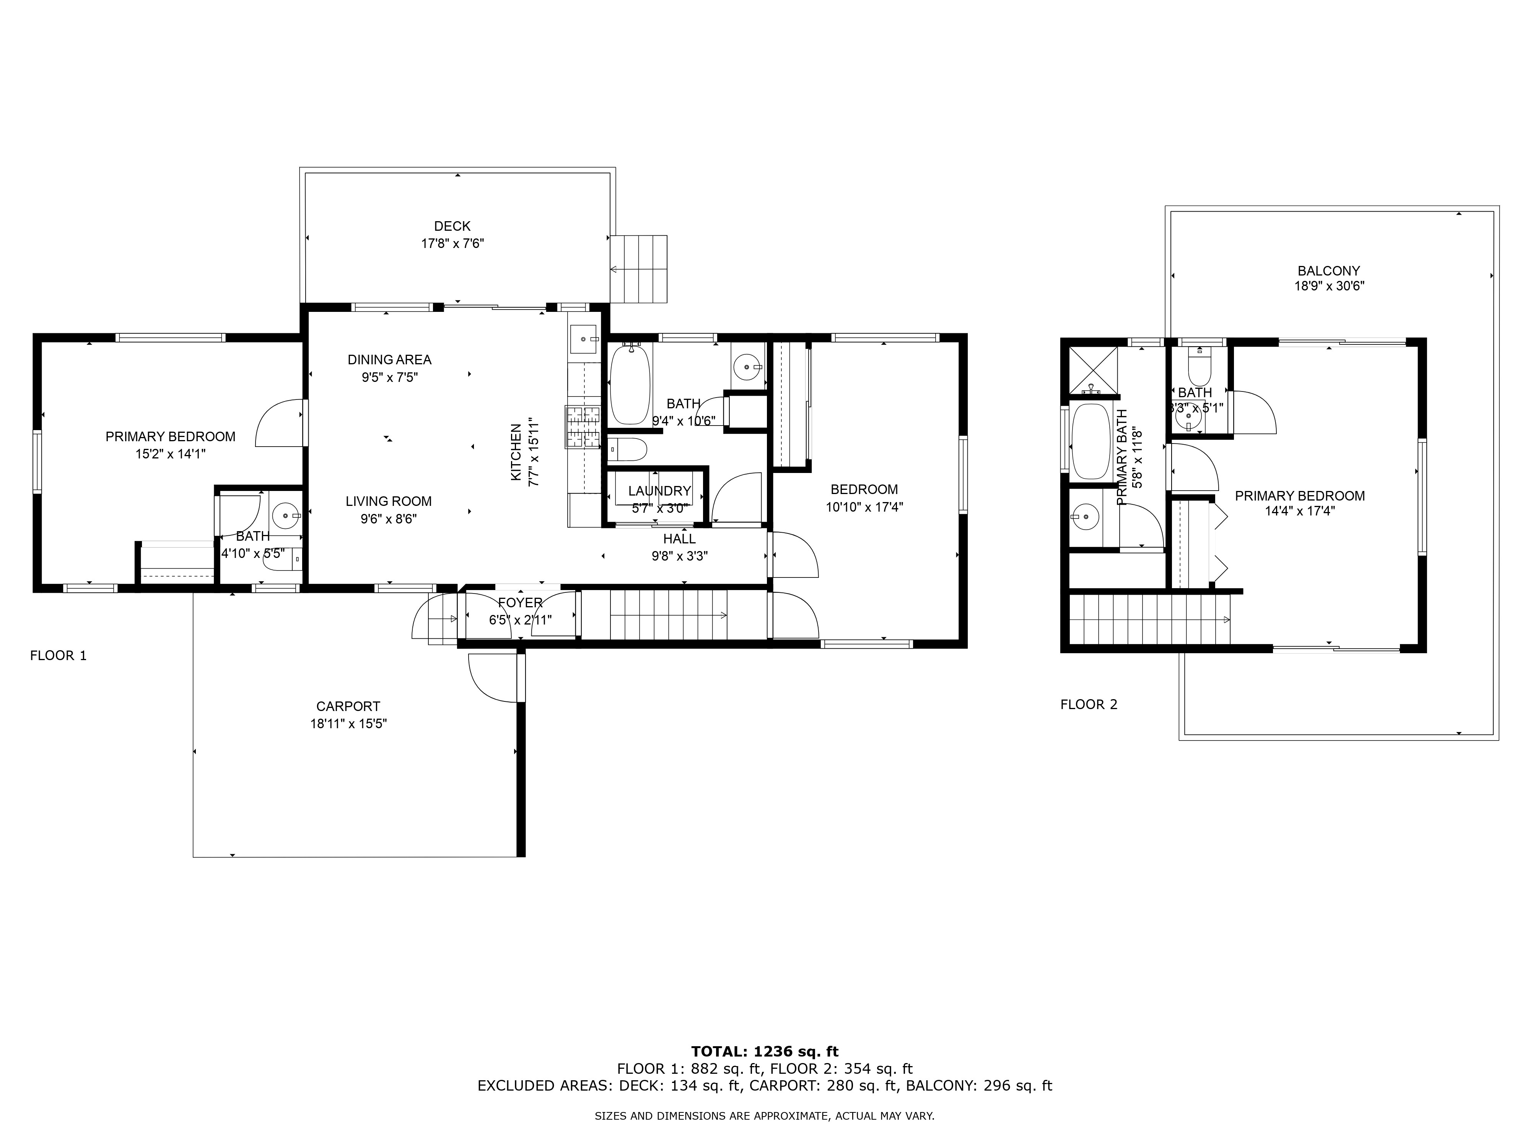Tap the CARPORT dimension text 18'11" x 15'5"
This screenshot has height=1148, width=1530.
point(348,724)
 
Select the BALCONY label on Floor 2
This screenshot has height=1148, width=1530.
point(1328,271)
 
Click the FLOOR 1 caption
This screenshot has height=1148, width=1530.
point(58,655)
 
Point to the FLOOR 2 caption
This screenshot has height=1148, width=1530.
point(1089,704)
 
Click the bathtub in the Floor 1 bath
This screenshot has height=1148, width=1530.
point(630,385)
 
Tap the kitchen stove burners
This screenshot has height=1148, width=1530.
point(583,427)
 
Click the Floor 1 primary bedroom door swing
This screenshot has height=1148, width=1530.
point(280,424)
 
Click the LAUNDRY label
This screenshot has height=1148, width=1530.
point(659,491)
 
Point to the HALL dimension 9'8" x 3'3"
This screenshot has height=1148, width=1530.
point(679,556)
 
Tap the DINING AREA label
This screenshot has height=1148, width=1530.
point(389,360)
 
